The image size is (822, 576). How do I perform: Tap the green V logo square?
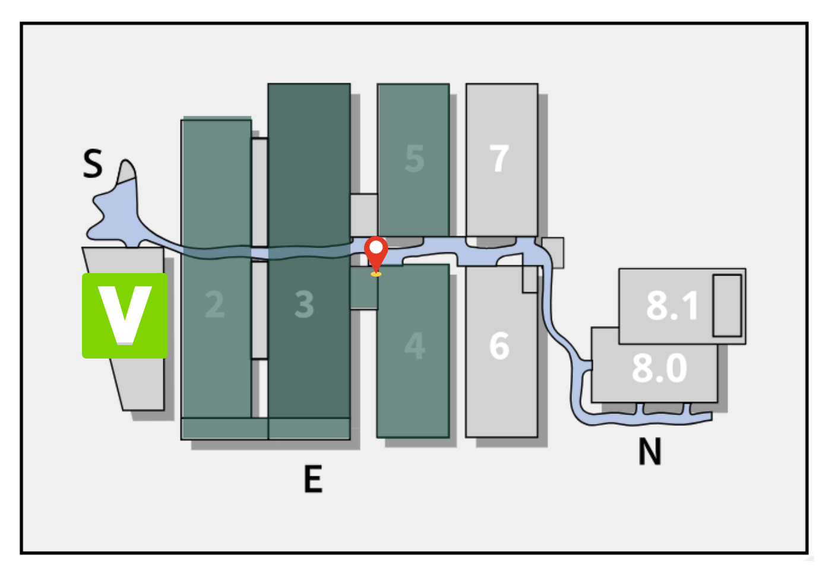click(125, 315)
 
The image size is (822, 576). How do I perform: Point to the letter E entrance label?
click(313, 479)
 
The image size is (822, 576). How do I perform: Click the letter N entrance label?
click(650, 452)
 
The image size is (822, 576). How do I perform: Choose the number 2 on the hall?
click(215, 305)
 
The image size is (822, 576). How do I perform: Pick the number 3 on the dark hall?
click(304, 305)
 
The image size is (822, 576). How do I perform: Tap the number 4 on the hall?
click(415, 346)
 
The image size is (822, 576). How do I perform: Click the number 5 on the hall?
click(415, 159)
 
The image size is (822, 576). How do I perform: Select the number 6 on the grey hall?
click(499, 346)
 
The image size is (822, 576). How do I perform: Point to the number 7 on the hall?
click(499, 159)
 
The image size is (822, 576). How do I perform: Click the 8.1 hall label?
click(672, 306)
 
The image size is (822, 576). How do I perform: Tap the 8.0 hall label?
click(659, 368)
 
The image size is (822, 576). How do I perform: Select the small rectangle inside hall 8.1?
click(727, 305)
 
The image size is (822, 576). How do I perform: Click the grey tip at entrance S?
click(127, 173)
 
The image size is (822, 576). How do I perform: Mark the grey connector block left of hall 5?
click(363, 214)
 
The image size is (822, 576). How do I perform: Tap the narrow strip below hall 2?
click(225, 428)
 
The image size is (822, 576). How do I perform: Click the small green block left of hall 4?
click(363, 289)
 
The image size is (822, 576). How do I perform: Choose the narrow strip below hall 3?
click(309, 428)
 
